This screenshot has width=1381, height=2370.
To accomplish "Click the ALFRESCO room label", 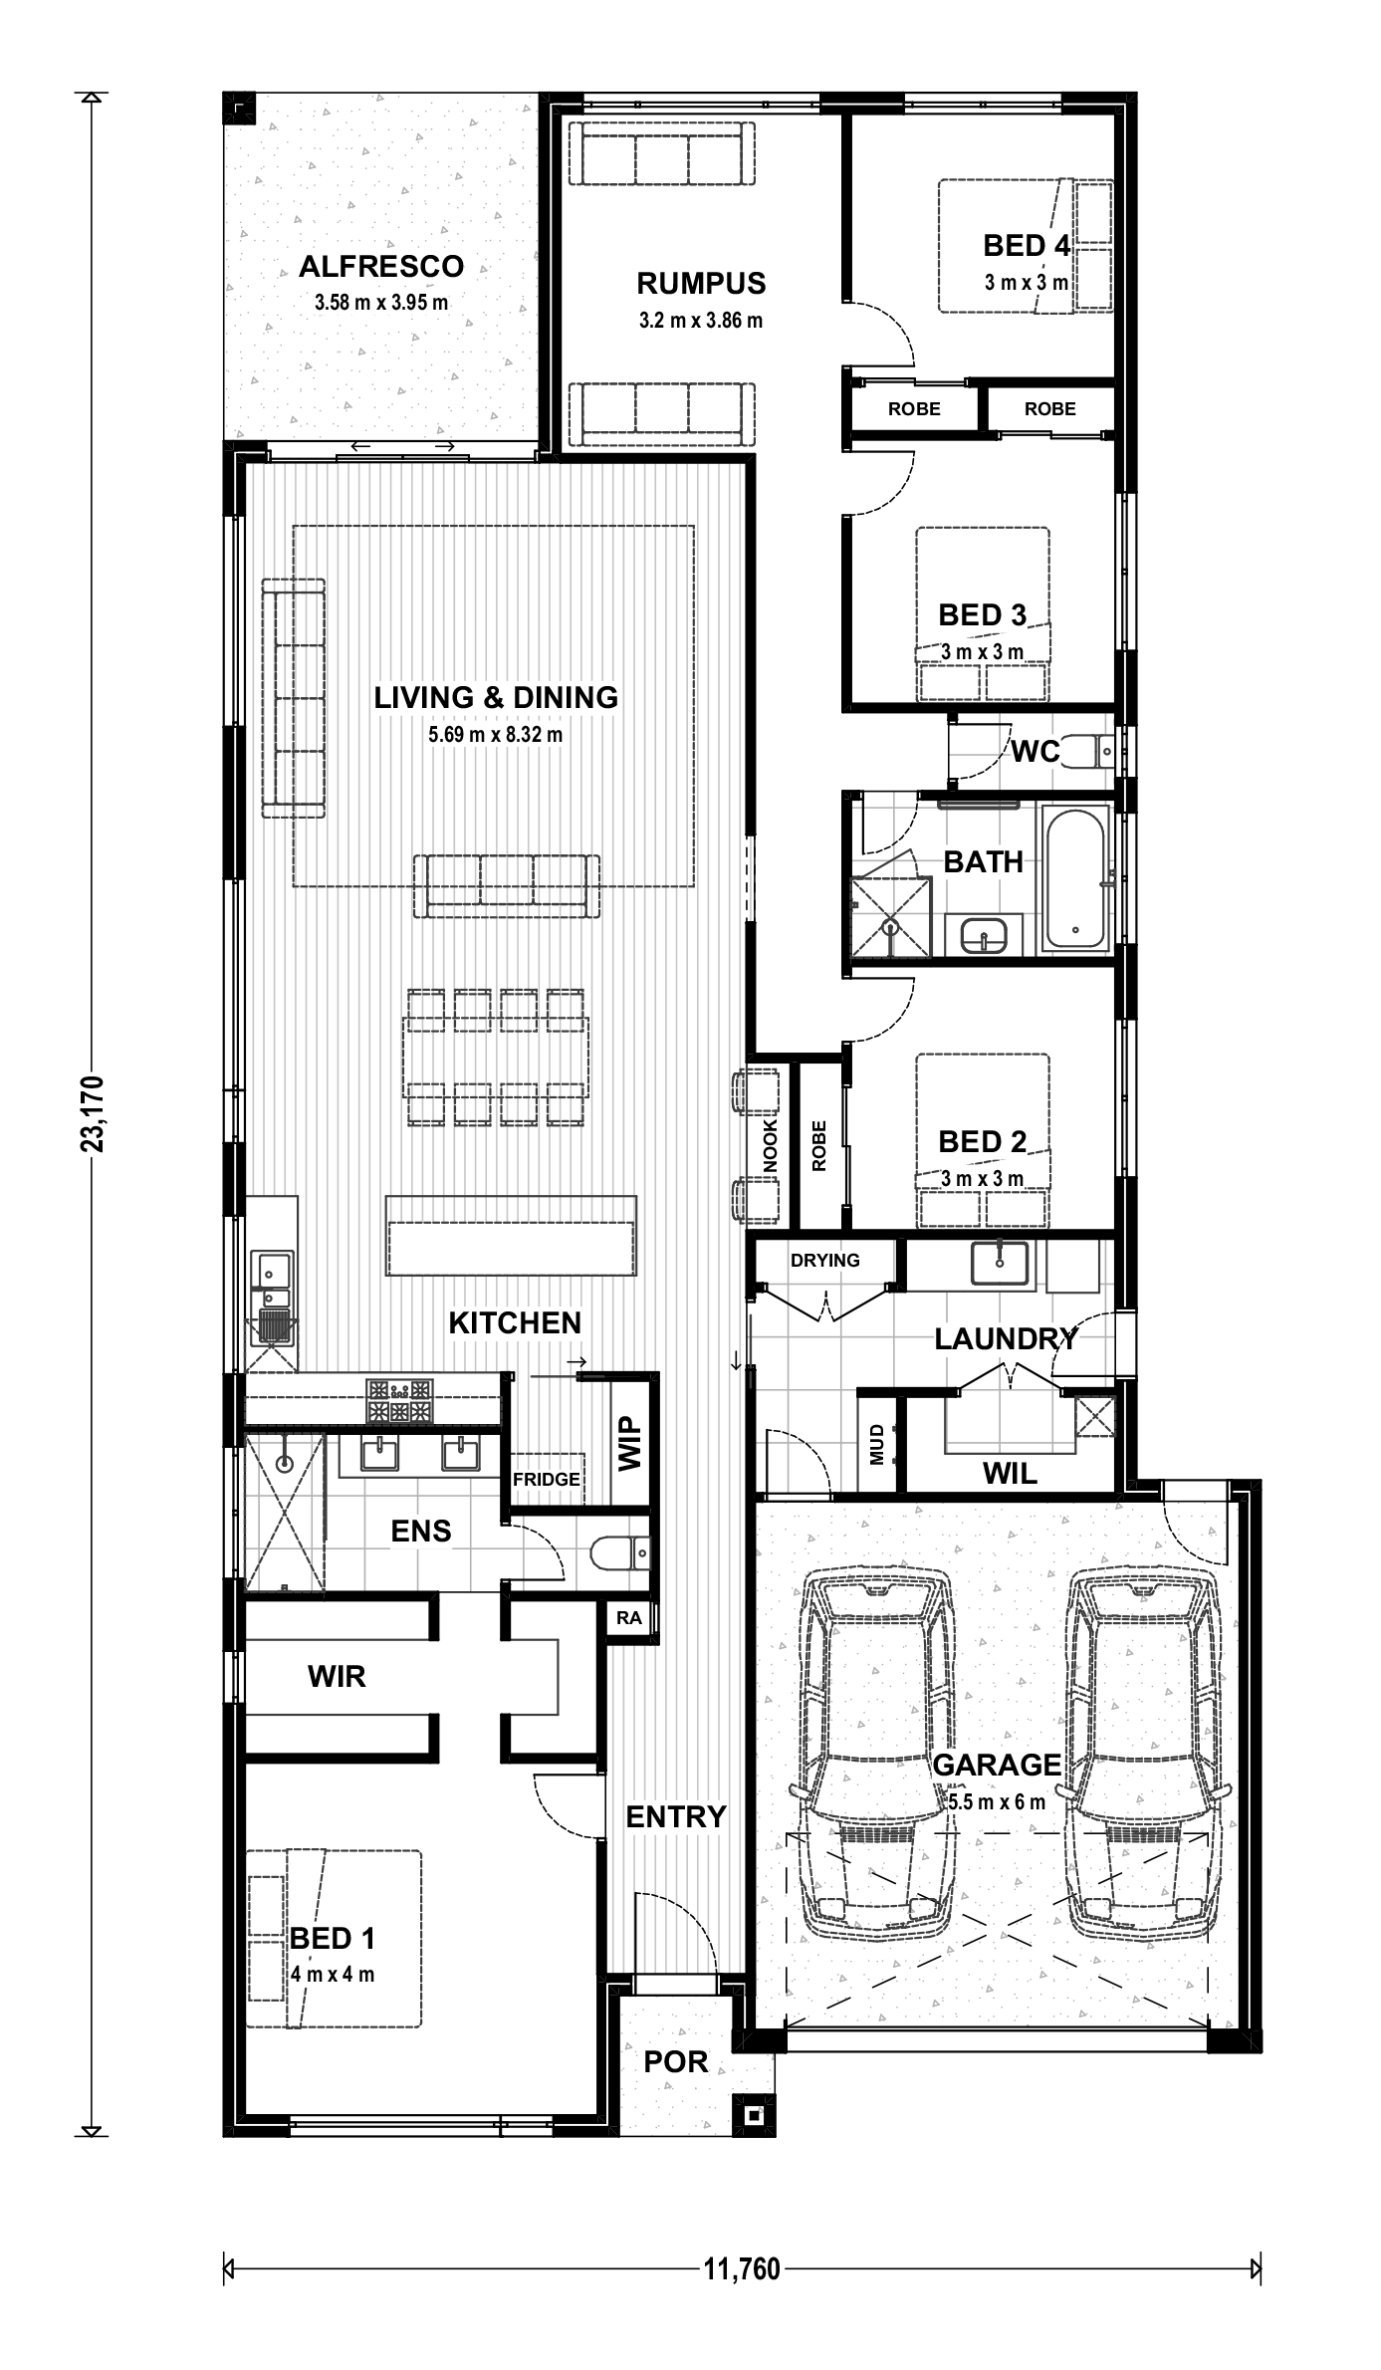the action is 381,267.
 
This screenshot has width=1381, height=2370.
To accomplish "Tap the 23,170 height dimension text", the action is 93,1113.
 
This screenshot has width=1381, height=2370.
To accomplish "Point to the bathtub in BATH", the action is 1074,877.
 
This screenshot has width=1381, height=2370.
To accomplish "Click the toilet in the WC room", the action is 1085,751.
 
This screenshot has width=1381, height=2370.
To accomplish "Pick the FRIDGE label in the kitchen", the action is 546,1480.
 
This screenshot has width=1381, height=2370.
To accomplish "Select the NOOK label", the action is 770,1145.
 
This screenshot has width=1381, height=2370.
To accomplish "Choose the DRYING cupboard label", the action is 825,1260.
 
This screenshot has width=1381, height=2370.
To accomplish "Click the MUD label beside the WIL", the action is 877,1444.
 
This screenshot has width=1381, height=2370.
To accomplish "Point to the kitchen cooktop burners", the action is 400,1400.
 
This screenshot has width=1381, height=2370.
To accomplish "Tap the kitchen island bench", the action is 511,1236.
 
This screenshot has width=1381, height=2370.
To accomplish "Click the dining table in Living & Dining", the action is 496,1057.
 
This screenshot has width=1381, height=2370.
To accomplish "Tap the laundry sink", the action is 999,1264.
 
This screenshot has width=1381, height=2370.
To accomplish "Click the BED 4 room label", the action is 1027,245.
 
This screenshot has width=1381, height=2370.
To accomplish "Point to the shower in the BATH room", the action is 889,916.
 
